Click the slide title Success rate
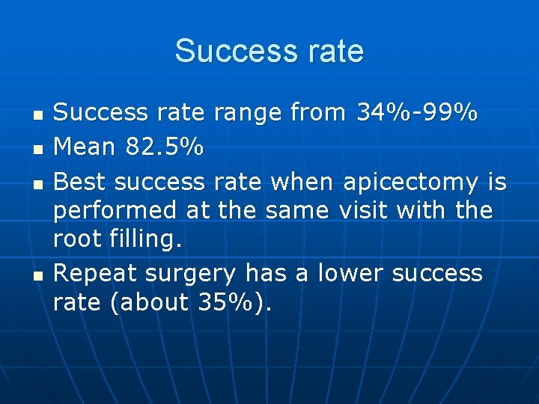[x=269, y=51]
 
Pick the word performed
[x=116, y=211]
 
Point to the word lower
[x=351, y=274]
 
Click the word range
[x=249, y=114]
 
